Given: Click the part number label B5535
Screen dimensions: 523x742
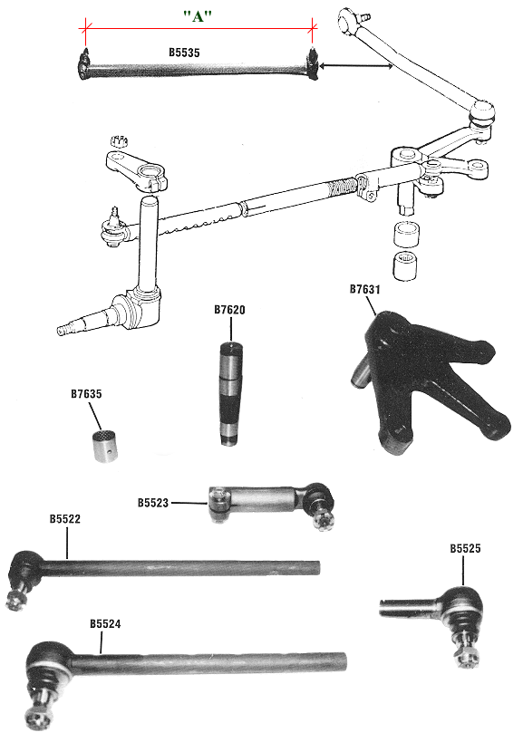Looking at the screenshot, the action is tap(184, 53).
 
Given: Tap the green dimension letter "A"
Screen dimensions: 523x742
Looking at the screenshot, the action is tap(198, 16).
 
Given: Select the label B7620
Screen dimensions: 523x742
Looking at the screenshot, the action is tap(229, 310).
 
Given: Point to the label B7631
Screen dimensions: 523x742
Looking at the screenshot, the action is tap(365, 289).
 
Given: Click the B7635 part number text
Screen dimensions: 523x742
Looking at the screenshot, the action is tap(86, 394).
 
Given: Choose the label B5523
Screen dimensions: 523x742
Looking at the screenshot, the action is tap(153, 503).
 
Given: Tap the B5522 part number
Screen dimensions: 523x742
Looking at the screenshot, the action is tap(65, 519).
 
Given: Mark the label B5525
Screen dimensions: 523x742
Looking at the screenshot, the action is tap(465, 548).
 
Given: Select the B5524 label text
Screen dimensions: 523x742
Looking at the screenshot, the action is tap(105, 624).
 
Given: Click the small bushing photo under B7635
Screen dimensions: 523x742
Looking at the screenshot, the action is tap(104, 445).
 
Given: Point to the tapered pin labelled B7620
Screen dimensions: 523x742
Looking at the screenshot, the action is tap(230, 393).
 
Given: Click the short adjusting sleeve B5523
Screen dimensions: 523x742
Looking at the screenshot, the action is tap(271, 504).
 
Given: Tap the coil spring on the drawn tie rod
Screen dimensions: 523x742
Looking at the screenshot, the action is tap(344, 187).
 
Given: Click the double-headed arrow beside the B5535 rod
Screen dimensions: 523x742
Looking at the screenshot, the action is tap(356, 66).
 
